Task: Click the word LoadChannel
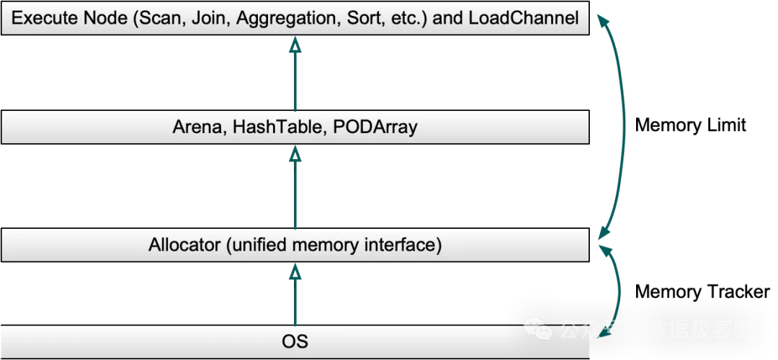524,18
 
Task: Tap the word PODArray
375,127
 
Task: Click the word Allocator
184,245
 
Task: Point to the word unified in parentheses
258,245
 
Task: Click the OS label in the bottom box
295,341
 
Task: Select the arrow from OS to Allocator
295,295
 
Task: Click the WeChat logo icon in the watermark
538,329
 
